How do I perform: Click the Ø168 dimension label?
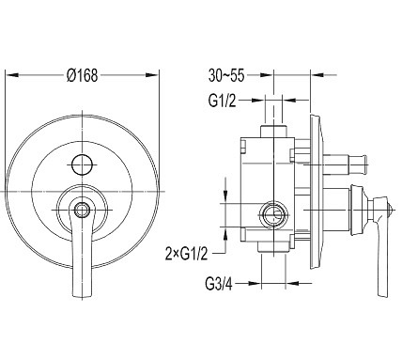click(x=83, y=75)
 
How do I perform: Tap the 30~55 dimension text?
click(x=226, y=75)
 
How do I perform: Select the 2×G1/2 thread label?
click(x=187, y=254)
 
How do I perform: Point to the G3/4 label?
click(x=219, y=284)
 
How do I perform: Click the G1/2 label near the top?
click(x=223, y=101)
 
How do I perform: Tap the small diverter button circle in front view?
click(x=82, y=164)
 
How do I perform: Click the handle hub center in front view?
click(x=83, y=209)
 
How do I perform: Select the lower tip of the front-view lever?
click(x=83, y=296)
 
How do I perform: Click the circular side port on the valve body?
click(x=273, y=215)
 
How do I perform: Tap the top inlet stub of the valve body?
click(x=273, y=131)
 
